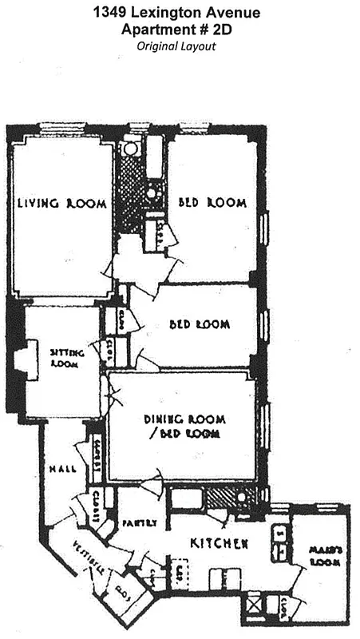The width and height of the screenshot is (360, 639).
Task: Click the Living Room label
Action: pyautogui.click(x=62, y=204)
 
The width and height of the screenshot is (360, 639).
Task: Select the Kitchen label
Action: pyautogui.click(x=219, y=543)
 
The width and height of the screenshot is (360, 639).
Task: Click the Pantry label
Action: pyautogui.click(x=139, y=524)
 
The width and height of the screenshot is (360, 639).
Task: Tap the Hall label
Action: pyautogui.click(x=61, y=469)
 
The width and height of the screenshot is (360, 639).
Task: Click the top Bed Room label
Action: pyautogui.click(x=212, y=203)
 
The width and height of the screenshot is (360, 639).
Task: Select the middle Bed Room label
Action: pyautogui.click(x=200, y=325)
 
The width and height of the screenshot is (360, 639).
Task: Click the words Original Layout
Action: pyautogui.click(x=176, y=46)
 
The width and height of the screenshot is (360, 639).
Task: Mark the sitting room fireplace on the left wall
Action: pyautogui.click(x=26, y=359)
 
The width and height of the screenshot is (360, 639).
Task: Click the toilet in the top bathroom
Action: pyautogui.click(x=130, y=149)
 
